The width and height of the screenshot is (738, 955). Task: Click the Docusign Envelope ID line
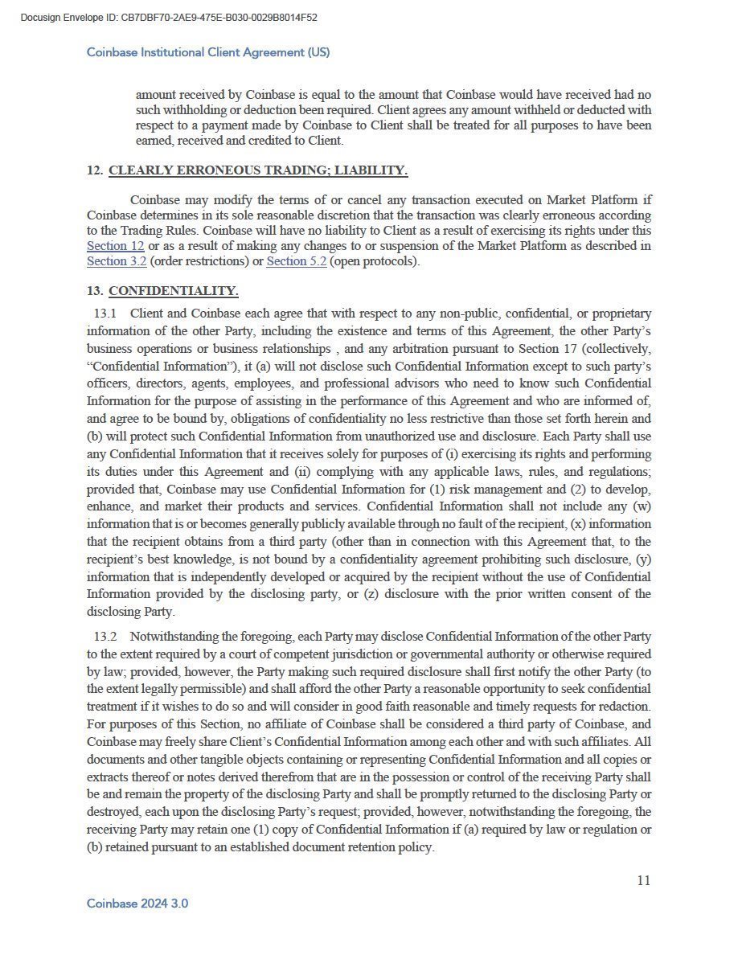[169, 17]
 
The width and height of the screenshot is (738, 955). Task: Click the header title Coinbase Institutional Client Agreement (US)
[208, 52]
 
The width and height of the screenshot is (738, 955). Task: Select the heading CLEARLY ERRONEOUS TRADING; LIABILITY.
[258, 170]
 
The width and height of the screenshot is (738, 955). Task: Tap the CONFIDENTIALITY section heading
[174, 291]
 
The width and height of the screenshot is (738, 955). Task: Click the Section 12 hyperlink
[115, 245]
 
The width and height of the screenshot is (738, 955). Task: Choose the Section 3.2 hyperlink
[117, 261]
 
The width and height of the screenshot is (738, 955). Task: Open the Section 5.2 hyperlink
[297, 261]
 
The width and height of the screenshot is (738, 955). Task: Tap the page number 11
[643, 880]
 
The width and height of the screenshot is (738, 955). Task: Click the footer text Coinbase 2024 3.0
[137, 904]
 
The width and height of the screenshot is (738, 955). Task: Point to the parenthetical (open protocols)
[375, 261]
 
